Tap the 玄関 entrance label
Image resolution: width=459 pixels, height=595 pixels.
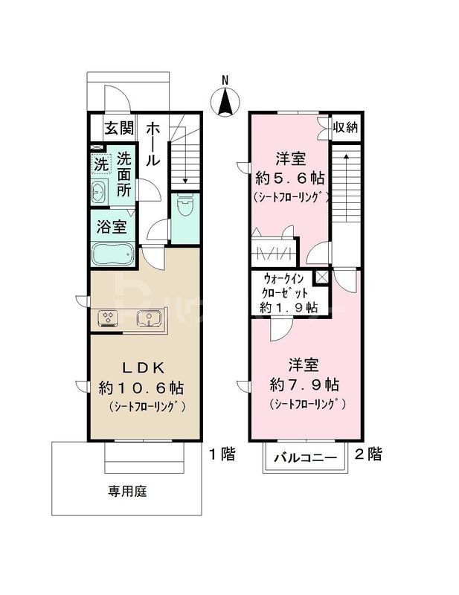[x=118, y=127]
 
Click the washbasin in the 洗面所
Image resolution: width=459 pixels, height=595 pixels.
[x=100, y=193]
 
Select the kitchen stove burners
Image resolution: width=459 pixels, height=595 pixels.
[x=109, y=318]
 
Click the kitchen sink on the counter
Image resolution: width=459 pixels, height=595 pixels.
[x=149, y=318]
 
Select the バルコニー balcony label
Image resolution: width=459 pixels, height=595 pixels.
[x=304, y=458]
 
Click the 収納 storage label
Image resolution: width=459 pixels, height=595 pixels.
[x=345, y=127]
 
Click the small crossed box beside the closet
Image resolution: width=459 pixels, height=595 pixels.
[x=321, y=277]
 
